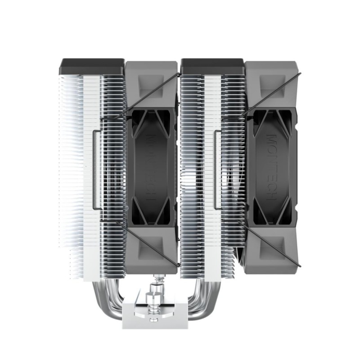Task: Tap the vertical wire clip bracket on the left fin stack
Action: click(x=94, y=171)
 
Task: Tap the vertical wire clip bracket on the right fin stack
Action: click(x=215, y=171)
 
